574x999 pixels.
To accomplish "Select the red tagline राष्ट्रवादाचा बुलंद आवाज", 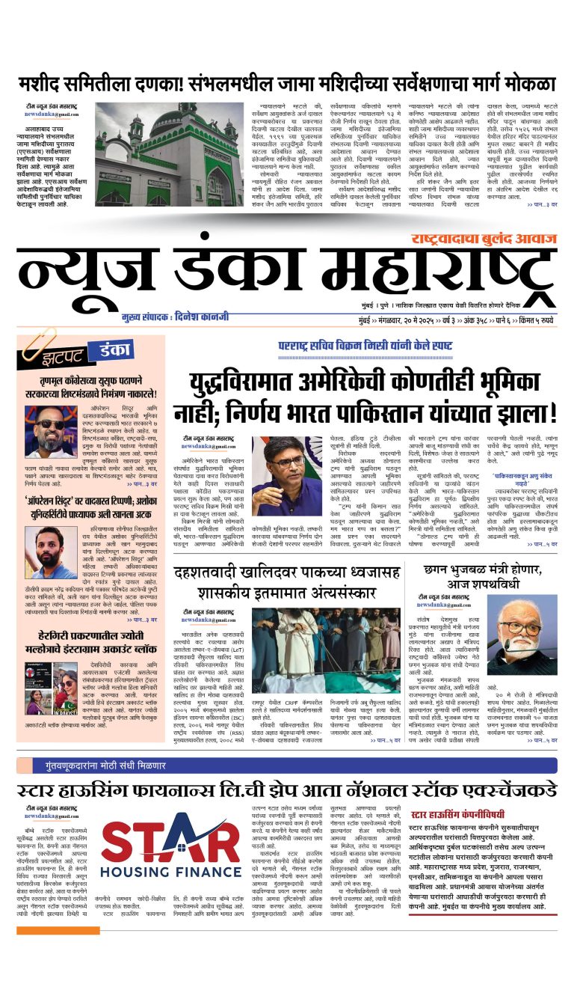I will pyautogui.click(x=483, y=239).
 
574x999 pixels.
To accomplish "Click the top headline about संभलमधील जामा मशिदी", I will pyautogui.click(x=288, y=83).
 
